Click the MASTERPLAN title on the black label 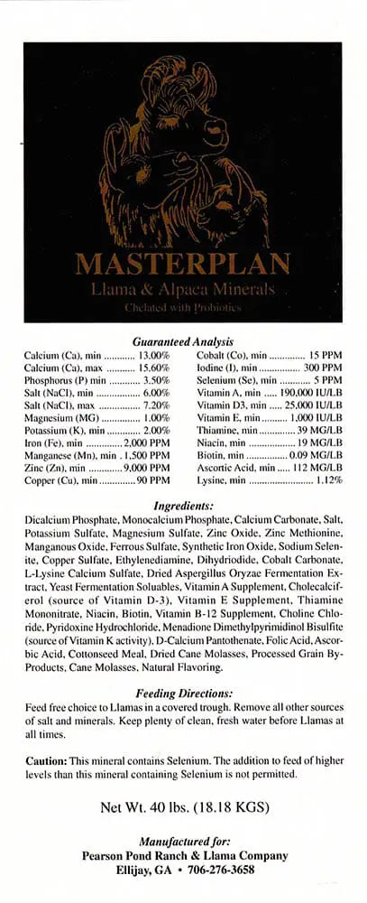[x=183, y=264]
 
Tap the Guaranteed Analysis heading [x=183, y=342]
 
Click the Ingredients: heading [x=183, y=507]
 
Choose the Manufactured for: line [x=183, y=842]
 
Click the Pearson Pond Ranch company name [x=183, y=855]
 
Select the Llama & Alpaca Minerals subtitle [x=183, y=288]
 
